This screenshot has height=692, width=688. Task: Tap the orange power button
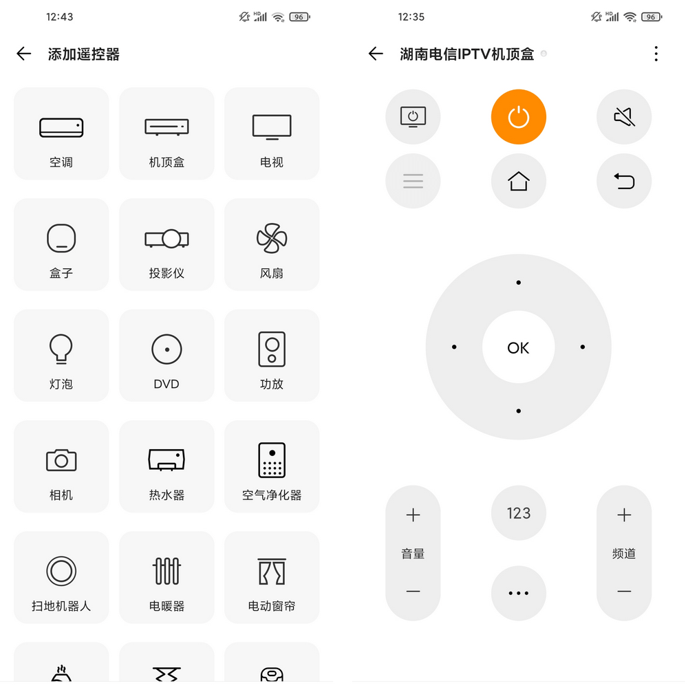point(518,118)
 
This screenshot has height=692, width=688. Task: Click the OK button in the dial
point(518,348)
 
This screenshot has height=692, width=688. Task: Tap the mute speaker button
point(623,118)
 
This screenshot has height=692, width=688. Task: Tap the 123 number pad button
point(518,513)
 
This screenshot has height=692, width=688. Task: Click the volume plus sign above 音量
point(413,515)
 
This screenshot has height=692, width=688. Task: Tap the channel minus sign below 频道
point(623,592)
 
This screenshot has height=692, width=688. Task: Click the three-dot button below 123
point(518,593)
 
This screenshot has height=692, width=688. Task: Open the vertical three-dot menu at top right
point(656,54)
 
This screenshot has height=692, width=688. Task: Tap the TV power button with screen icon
point(413,118)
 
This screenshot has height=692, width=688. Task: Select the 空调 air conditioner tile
point(61,134)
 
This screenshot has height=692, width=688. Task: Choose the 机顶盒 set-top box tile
point(166,134)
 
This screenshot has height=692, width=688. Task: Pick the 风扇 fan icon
point(272,239)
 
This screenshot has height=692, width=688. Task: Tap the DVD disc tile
point(166,356)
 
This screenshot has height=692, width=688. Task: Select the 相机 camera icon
point(61,460)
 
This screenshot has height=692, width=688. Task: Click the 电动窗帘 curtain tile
point(272,578)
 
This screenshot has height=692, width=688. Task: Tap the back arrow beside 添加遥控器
point(24,54)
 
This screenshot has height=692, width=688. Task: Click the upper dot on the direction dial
point(518,283)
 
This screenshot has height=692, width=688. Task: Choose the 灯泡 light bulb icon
point(61,349)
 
